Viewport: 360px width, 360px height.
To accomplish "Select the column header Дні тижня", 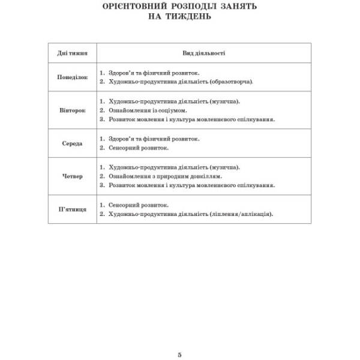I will click(72, 53).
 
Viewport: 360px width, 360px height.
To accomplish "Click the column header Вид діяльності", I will click(203, 53).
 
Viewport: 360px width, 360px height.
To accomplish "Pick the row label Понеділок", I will click(72, 77).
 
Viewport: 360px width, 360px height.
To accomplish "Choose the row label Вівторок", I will click(72, 110).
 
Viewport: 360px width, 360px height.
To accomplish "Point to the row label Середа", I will click(72, 144).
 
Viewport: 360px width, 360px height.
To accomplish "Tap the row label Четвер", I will click(72, 176).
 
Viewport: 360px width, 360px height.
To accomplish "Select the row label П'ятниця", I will click(72, 209).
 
